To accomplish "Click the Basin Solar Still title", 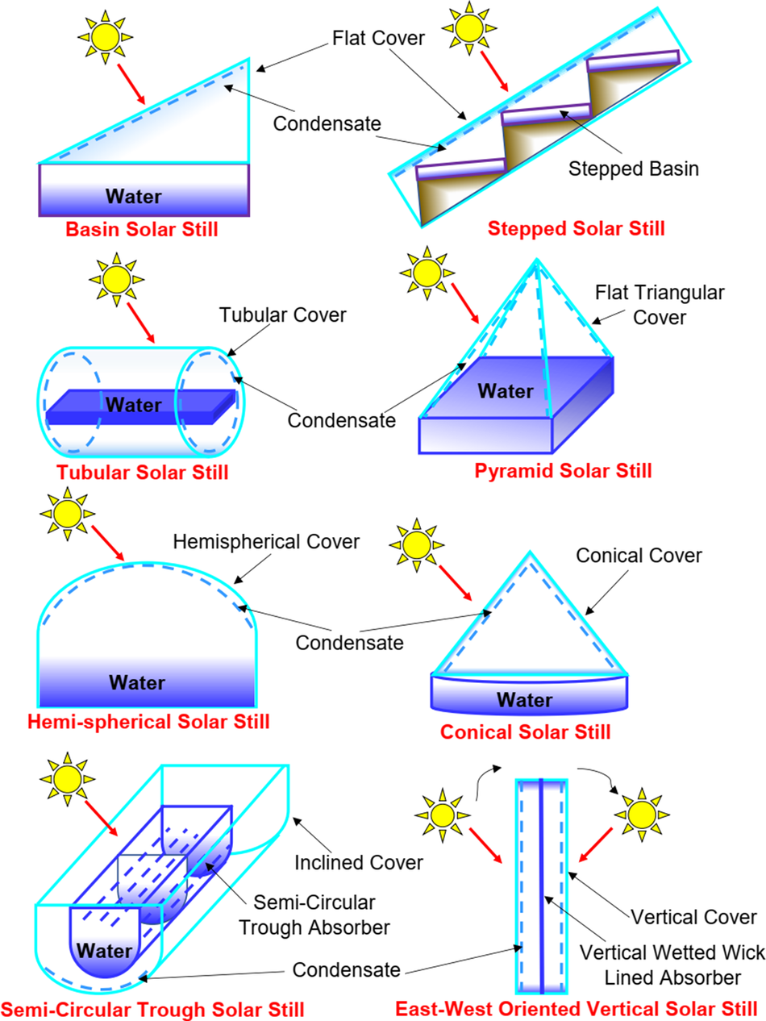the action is point(141,229).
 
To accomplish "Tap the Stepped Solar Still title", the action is point(577,228).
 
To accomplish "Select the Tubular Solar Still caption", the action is point(143,473).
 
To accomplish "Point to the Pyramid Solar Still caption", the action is point(563,471).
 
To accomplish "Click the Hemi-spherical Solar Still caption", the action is point(148,722).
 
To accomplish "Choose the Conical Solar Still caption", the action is point(525,732).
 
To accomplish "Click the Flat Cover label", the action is point(378,38).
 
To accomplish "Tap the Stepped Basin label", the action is point(634,169).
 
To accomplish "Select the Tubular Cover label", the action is point(283,315).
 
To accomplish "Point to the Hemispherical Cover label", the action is point(266,542).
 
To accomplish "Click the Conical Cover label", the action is point(639,556).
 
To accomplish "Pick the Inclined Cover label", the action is point(359,863).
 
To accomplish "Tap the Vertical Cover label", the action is point(693,917).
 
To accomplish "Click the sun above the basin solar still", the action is point(105,37).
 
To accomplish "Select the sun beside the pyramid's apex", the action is point(427,273).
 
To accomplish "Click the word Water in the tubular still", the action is point(134,405).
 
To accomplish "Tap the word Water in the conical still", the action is point(525,699).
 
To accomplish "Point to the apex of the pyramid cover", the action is point(536,259).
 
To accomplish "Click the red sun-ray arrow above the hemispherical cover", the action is point(108,544).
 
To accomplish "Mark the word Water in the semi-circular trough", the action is point(104,951).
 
